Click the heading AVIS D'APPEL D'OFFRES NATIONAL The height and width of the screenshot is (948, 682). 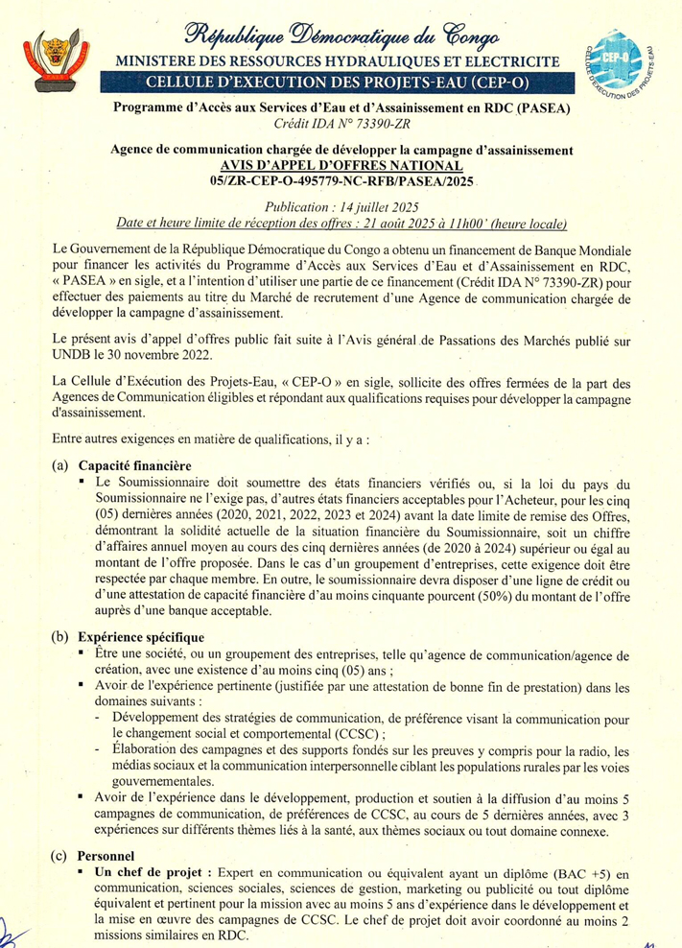tap(341, 165)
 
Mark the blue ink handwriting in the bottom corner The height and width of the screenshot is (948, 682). tap(12, 929)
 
